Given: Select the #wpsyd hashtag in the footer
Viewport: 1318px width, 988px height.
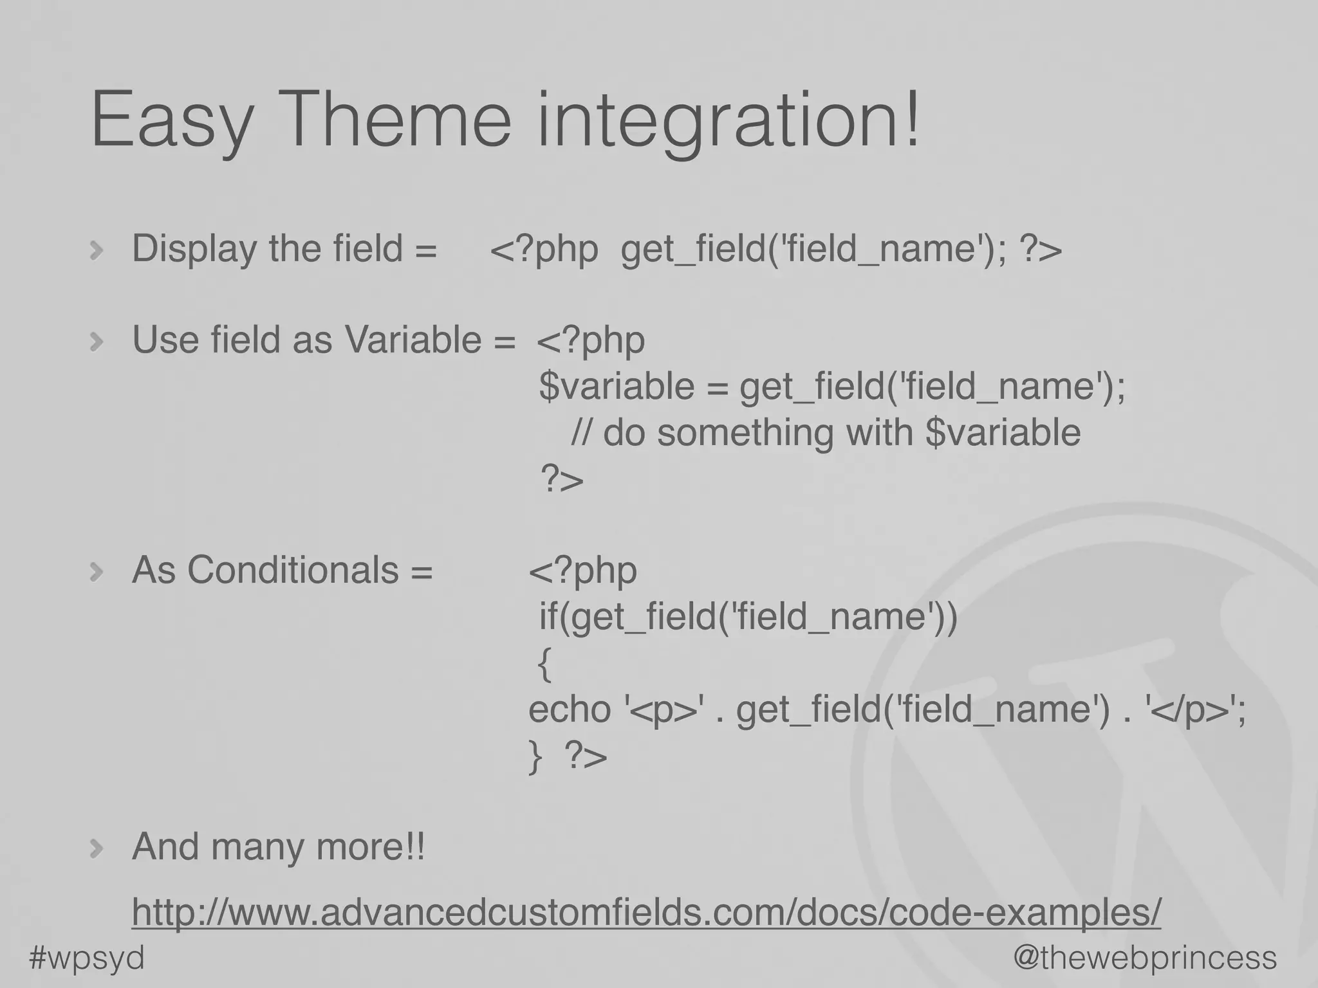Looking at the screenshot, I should (87, 958).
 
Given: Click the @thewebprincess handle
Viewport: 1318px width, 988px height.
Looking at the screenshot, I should (1145, 958).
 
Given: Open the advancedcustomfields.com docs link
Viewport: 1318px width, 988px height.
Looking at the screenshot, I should (646, 912).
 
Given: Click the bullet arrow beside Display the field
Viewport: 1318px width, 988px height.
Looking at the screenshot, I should (97, 250).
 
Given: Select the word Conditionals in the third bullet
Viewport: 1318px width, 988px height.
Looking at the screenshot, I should (293, 570).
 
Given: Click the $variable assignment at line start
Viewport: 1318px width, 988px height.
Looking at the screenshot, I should (616, 387).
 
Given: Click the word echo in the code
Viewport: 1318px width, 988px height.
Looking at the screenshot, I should (569, 709).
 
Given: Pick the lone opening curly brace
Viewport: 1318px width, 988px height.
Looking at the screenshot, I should (544, 664).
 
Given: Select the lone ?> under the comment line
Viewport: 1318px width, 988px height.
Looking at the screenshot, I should (562, 479).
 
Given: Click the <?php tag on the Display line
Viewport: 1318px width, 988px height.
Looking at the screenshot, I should (544, 249).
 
